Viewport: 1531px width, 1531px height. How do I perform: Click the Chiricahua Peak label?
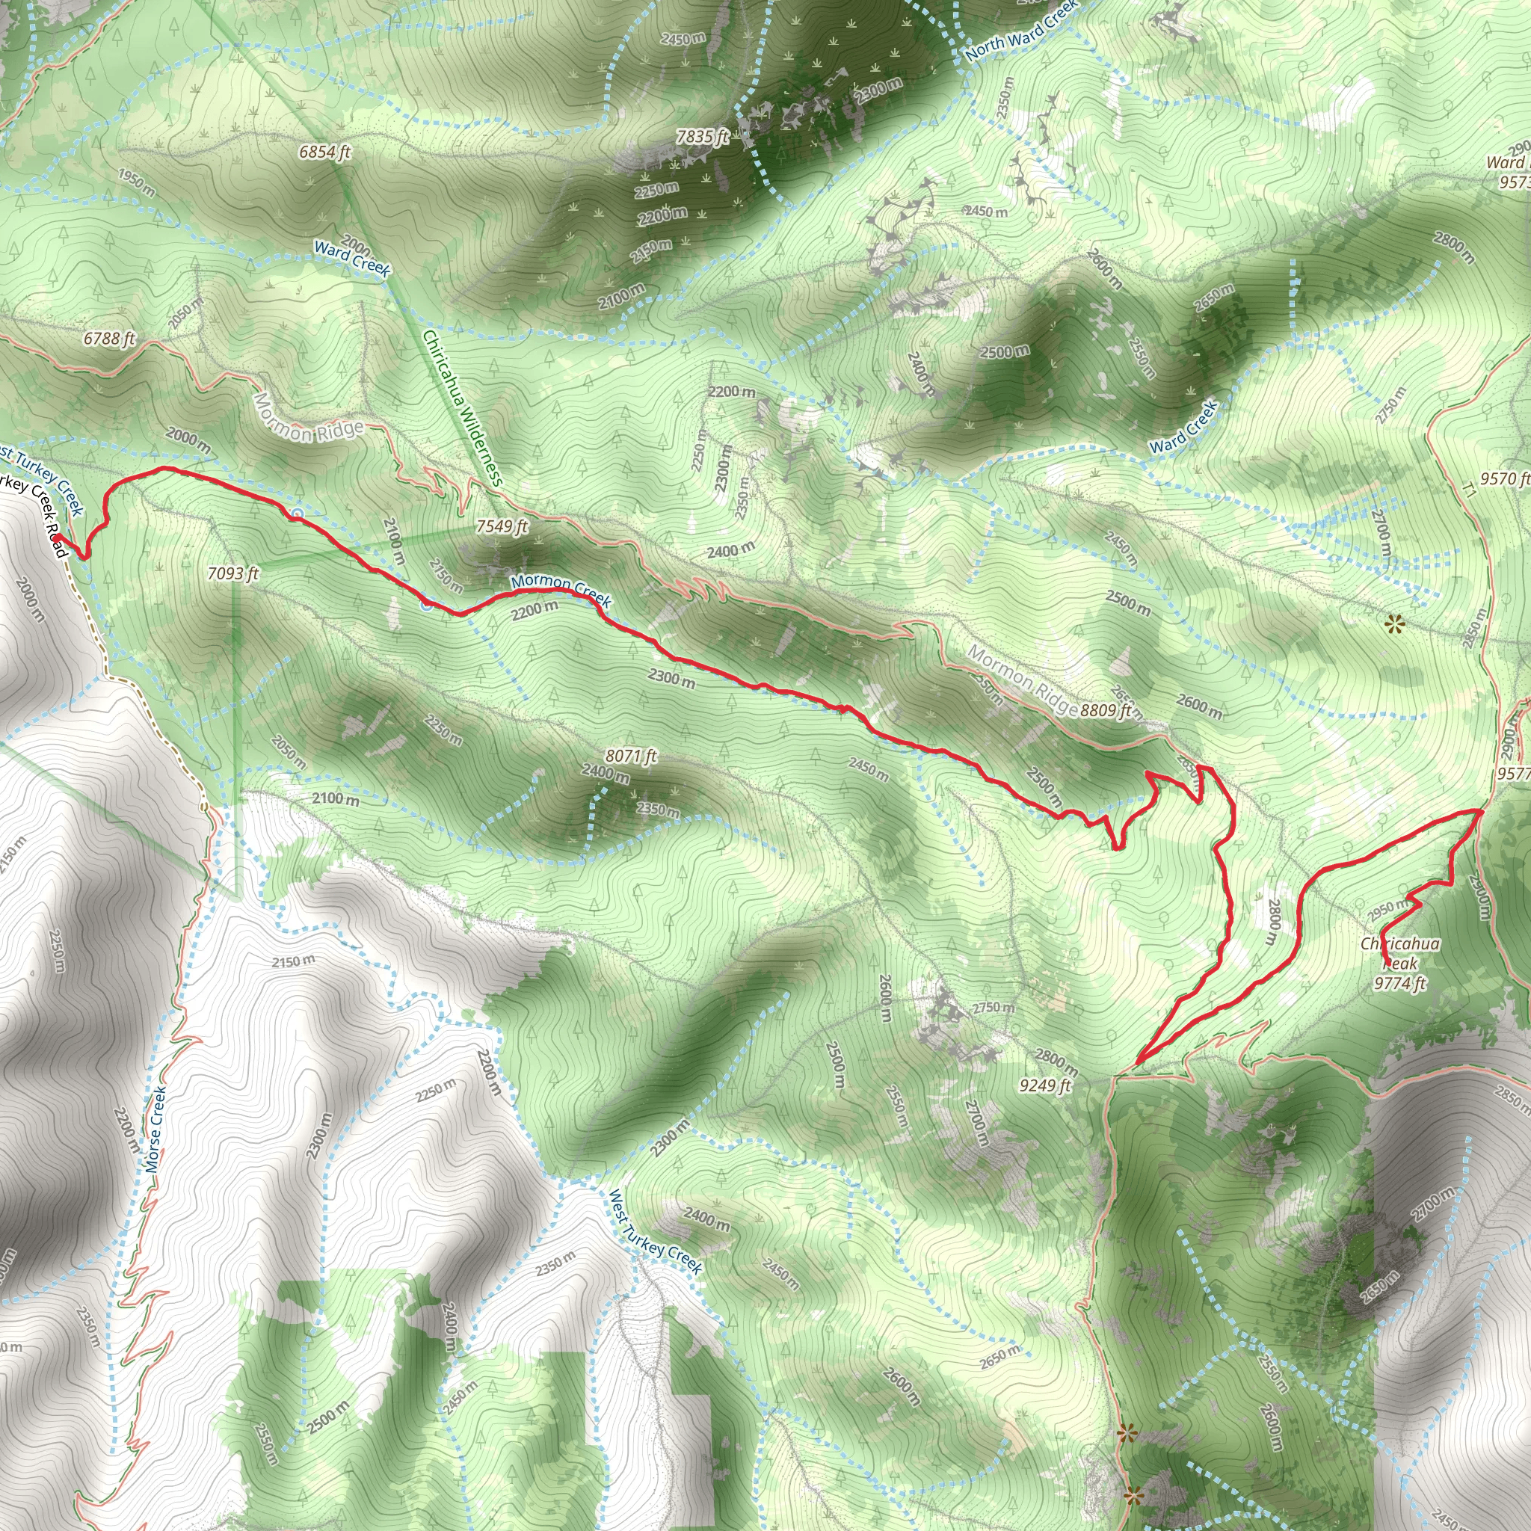1400,953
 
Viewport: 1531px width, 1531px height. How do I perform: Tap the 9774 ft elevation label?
1400,985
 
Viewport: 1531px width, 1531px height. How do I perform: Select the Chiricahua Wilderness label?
463,408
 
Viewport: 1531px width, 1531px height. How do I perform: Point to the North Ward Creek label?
1021,31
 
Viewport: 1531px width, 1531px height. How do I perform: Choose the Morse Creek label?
156,1130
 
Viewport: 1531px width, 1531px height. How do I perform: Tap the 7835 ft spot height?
702,137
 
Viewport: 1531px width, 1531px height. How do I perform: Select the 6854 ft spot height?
325,151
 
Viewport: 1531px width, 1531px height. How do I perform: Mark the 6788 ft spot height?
109,339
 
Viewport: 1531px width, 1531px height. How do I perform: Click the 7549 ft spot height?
502,526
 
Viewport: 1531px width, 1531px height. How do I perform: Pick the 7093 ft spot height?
233,573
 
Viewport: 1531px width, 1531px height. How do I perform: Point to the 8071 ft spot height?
631,756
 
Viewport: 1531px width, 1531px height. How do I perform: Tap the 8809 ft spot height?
1106,711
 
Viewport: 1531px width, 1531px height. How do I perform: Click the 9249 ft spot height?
1045,1085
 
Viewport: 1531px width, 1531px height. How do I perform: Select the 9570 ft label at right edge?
1504,478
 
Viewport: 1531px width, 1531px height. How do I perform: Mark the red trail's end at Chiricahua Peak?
1387,964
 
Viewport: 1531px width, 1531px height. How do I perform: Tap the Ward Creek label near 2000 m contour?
353,259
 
